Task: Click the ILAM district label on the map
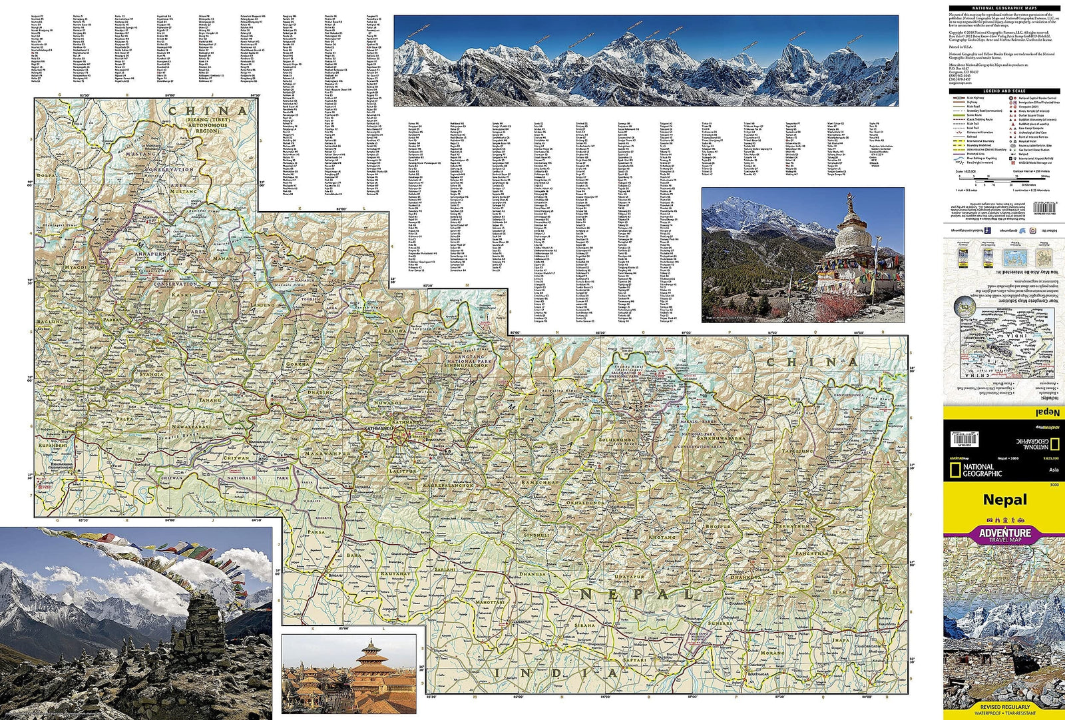pos(840,591)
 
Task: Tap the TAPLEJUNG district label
pos(797,451)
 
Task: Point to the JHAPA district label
pos(841,640)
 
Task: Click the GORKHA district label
pos(298,364)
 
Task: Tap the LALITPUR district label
pos(402,471)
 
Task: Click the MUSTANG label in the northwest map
pos(141,154)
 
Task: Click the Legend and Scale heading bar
pos(1004,91)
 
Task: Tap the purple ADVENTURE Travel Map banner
pos(1004,534)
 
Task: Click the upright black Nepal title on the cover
pos(1004,500)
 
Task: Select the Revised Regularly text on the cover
pos(1004,707)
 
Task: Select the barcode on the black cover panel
pos(964,439)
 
